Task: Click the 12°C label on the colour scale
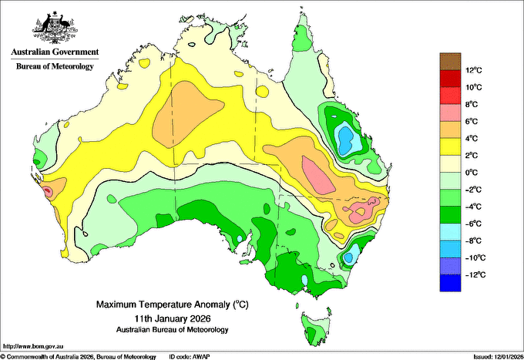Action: pyautogui.click(x=474, y=70)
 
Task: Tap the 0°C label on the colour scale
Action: pyautogui.click(x=472, y=173)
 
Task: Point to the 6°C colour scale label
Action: pyautogui.click(x=472, y=121)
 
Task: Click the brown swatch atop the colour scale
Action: pyautogui.click(x=450, y=62)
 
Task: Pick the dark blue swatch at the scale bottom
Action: pyautogui.click(x=450, y=283)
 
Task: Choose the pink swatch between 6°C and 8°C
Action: pyautogui.click(x=450, y=113)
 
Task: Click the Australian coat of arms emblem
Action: pyautogui.click(x=55, y=28)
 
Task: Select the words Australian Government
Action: pyautogui.click(x=55, y=52)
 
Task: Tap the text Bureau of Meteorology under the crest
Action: pyautogui.click(x=55, y=66)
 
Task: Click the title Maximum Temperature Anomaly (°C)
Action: pyautogui.click(x=173, y=304)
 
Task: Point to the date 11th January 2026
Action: pyautogui.click(x=173, y=318)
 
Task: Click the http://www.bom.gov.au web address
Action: pyautogui.click(x=32, y=347)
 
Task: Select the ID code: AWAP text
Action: pyautogui.click(x=190, y=357)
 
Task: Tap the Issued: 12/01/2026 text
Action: pyautogui.click(x=499, y=357)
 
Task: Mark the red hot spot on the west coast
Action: pyautogui.click(x=48, y=191)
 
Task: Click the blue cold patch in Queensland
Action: pyautogui.click(x=346, y=139)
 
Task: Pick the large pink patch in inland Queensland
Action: pyautogui.click(x=317, y=175)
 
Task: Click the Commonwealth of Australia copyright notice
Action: pyautogui.click(x=78, y=357)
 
